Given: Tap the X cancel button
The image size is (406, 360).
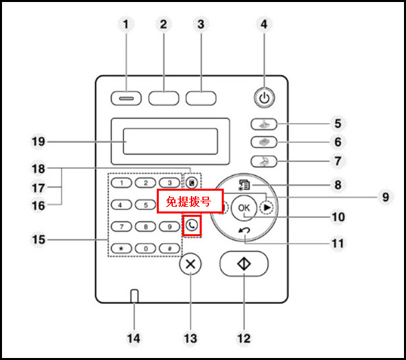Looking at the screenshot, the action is [x=191, y=264].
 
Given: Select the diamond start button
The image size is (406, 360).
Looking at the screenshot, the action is [x=244, y=264].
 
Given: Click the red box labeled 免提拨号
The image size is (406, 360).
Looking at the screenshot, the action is [x=190, y=201].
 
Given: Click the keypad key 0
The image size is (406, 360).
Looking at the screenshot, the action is [x=145, y=248].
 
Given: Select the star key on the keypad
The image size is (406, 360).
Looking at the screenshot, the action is [x=121, y=248].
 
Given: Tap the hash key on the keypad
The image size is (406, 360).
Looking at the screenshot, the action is [x=170, y=248].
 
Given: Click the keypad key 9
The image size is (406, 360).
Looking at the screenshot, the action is [x=170, y=226].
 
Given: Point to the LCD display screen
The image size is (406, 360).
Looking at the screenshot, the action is [x=170, y=141].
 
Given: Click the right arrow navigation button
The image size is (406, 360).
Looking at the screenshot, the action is [x=268, y=207].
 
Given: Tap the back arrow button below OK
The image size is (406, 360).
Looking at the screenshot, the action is [x=245, y=231].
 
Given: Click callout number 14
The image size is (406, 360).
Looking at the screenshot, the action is [x=134, y=339].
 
